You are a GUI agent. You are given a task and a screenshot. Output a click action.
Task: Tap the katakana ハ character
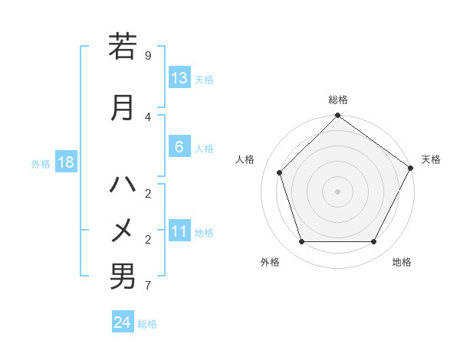point(123,185)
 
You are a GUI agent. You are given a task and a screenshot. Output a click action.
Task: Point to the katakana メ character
point(123,229)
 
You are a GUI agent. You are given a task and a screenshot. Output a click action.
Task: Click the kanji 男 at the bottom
point(123,276)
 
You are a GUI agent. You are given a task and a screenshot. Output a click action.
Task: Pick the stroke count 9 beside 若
point(148,56)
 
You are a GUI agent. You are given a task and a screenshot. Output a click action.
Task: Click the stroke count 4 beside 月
point(148,116)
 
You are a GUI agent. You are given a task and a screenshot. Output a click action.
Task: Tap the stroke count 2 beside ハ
point(148,193)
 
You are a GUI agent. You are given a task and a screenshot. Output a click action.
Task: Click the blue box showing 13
point(179,78)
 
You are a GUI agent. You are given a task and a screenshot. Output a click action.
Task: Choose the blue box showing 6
point(179,147)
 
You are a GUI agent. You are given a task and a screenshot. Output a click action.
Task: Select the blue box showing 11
point(179,232)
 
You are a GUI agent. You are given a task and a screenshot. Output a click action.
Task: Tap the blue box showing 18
point(65,162)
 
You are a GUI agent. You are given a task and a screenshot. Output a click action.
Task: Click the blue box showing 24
point(123,322)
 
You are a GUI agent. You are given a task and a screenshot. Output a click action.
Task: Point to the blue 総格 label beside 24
point(148,324)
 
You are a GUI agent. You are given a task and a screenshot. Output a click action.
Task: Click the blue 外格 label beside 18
point(41,164)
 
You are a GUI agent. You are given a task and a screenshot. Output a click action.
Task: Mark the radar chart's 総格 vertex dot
point(337,116)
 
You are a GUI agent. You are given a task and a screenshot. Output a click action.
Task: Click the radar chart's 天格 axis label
point(432,159)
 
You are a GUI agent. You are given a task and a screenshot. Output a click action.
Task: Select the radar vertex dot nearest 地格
point(374,242)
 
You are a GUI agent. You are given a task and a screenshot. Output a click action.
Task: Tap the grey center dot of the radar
point(337,191)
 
